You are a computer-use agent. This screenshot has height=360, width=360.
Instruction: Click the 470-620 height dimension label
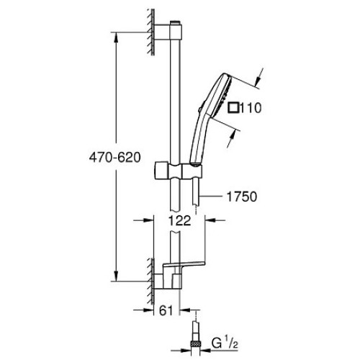[114, 158]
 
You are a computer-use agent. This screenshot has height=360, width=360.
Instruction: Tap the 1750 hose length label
[242, 197]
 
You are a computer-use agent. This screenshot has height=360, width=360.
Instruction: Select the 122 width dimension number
[179, 220]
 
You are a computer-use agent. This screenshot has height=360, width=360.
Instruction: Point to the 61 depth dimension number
[166, 310]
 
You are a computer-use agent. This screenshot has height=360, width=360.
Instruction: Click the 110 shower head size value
[251, 108]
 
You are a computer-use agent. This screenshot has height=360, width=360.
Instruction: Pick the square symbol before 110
[233, 107]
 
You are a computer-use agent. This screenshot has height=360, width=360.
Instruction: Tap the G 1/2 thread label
[225, 344]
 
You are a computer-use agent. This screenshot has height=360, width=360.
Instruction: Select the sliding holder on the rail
[178, 171]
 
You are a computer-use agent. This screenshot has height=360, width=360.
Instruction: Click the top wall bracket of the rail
[168, 32]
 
